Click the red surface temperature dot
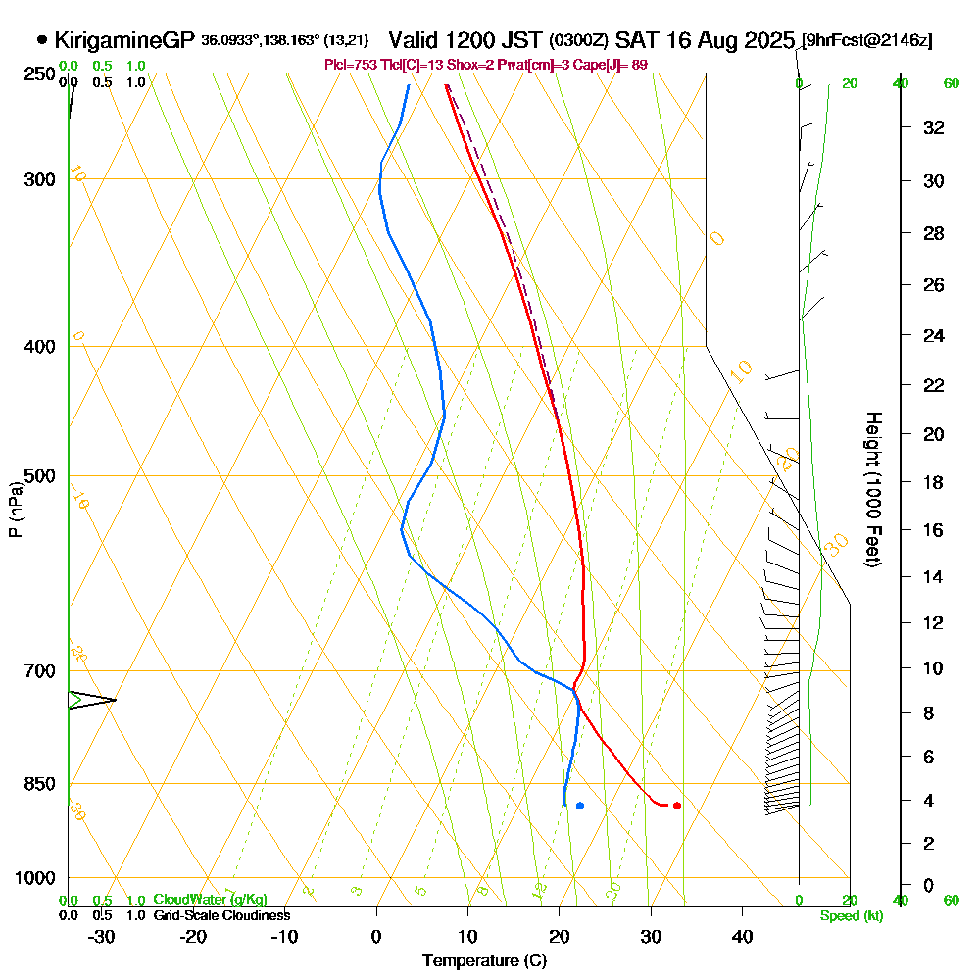(677, 806)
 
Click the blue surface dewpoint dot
(580, 806)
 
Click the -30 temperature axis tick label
(102, 936)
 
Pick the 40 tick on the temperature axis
(743, 936)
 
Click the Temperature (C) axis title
(484, 961)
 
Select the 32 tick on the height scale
(934, 127)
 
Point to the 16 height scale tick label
(934, 530)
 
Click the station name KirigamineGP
(124, 41)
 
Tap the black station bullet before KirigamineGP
(42, 40)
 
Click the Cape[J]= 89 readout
(613, 65)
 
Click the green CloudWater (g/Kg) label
(210, 900)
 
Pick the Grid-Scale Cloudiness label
(221, 915)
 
